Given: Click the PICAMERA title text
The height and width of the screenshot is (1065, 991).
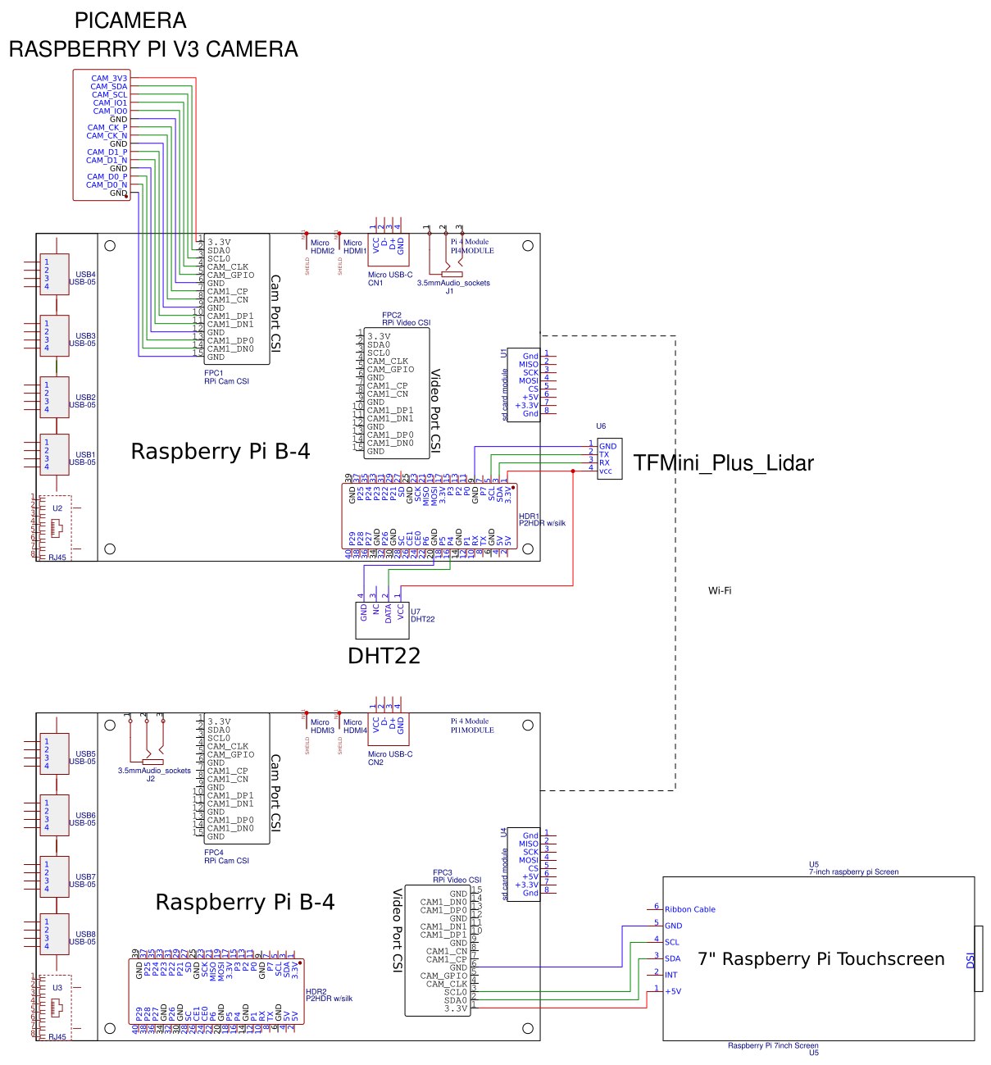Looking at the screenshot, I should (130, 20).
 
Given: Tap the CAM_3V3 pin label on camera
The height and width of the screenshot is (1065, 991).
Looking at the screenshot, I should (109, 79).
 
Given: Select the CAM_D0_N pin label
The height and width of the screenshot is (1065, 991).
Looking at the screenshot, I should (107, 185).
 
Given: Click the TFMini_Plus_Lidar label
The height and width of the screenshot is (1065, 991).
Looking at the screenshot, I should (723, 463).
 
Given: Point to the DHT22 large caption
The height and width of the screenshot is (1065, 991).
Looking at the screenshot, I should (384, 656).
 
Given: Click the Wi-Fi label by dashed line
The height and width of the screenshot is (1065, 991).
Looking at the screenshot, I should (720, 590).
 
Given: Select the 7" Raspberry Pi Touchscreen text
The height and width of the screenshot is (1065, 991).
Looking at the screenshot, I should (821, 959).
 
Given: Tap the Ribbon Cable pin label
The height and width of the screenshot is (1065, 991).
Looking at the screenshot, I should (689, 909).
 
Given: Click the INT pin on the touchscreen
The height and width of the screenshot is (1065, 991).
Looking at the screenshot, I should (671, 975).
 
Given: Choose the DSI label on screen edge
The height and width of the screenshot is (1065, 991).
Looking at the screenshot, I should (971, 960).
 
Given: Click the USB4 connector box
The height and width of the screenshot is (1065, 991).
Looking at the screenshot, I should (55, 275).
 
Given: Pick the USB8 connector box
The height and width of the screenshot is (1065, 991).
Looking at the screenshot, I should (55, 934).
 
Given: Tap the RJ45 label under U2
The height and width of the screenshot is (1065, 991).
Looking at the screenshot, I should (57, 558).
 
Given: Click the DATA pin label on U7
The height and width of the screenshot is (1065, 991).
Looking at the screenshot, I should (389, 614).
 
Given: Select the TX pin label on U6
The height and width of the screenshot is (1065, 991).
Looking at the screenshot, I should (604, 454).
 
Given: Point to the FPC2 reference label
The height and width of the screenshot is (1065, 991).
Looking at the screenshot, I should (392, 315).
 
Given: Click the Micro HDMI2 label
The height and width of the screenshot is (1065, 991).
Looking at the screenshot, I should (321, 247).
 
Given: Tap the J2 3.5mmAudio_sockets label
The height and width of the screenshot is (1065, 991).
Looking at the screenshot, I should (153, 771).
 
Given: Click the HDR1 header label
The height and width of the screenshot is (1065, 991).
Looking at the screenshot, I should (529, 517).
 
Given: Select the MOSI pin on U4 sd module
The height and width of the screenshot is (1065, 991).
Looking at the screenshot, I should (529, 860).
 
